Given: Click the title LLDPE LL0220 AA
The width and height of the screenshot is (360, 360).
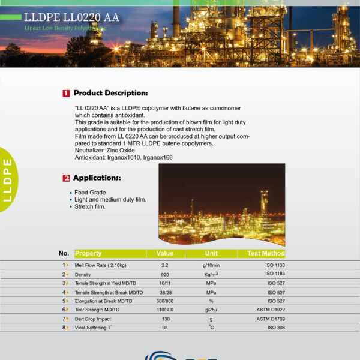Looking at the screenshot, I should click(x=71, y=17).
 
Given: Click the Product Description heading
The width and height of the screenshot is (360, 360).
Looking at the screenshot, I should click(x=110, y=94).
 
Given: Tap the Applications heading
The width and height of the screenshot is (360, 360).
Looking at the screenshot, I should click(x=97, y=178).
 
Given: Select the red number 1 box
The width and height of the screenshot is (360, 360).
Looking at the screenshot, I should click(x=66, y=94).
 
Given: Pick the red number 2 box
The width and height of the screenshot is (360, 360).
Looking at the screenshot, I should click(x=66, y=178).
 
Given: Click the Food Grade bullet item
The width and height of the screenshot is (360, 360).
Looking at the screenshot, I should click(x=90, y=193).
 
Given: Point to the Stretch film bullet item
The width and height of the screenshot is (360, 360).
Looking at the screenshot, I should click(x=90, y=207).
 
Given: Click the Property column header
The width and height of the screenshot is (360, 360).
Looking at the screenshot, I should click(x=88, y=254).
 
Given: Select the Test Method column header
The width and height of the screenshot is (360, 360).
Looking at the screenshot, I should click(x=265, y=254).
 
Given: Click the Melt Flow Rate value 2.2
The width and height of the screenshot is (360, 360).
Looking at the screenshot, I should click(x=164, y=265).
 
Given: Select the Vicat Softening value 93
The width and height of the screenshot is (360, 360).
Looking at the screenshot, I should click(x=164, y=328).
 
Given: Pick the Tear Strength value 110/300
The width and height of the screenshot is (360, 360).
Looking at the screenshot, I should click(x=164, y=310).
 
